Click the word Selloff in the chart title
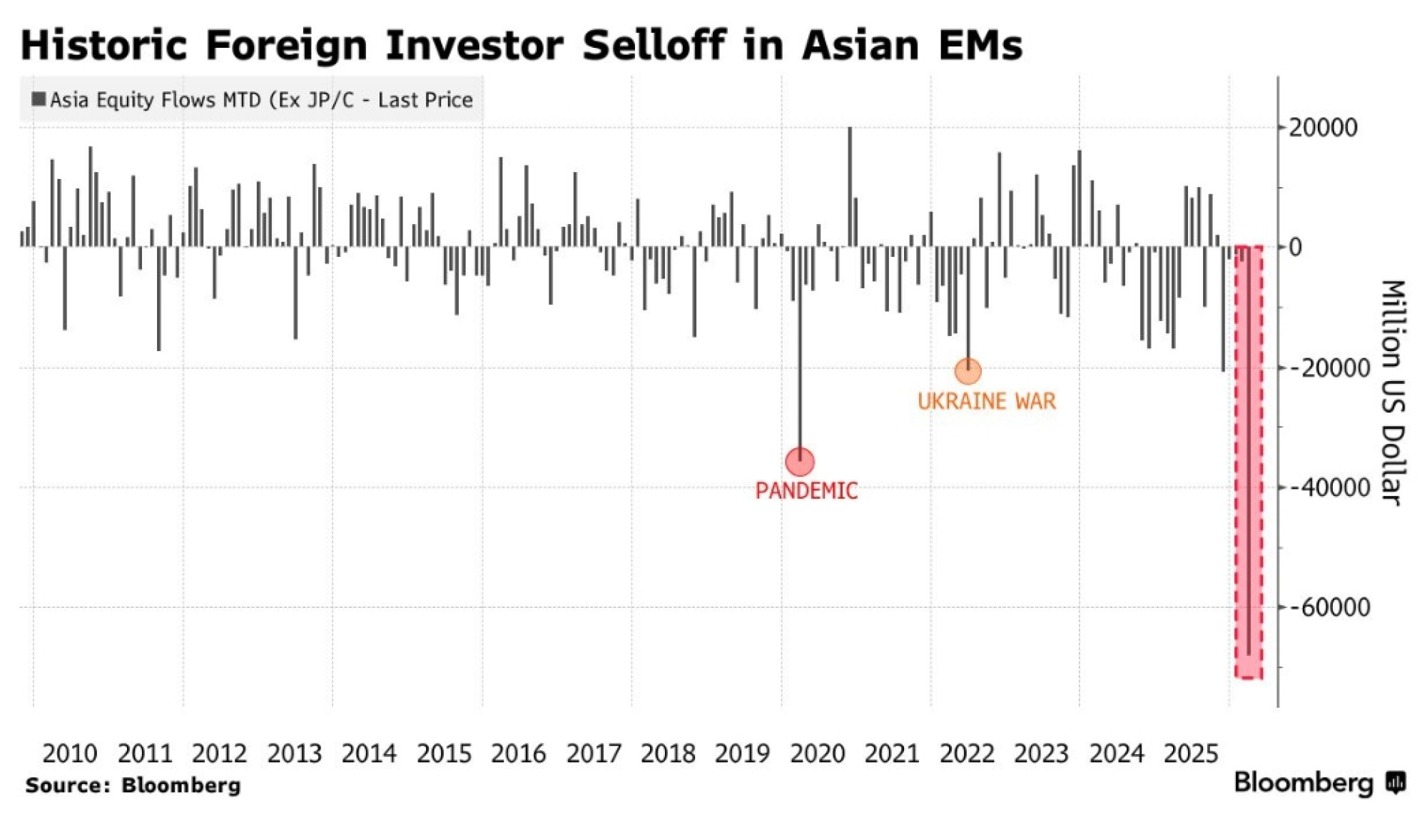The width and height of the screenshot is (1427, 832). click(x=653, y=45)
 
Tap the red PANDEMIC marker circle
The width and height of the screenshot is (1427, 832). click(x=800, y=462)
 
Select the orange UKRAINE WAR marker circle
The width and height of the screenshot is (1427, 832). click(x=968, y=371)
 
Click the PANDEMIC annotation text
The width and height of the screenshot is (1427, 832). click(x=806, y=491)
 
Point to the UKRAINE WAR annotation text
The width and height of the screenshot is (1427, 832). click(x=986, y=401)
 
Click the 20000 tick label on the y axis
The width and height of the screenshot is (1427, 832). click(x=1323, y=128)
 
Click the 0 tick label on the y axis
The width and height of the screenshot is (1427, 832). click(x=1295, y=248)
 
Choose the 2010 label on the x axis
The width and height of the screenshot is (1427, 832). click(x=69, y=754)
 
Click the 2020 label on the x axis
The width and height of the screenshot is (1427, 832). click(x=817, y=754)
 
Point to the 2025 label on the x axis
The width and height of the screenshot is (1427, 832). click(x=1191, y=754)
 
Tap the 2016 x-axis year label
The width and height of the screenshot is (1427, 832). click(x=518, y=754)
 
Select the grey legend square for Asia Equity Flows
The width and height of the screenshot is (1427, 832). click(x=39, y=99)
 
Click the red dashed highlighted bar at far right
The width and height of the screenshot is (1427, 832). click(x=1249, y=464)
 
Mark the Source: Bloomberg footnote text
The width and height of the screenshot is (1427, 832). click(x=133, y=786)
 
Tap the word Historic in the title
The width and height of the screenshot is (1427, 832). click(x=103, y=45)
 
